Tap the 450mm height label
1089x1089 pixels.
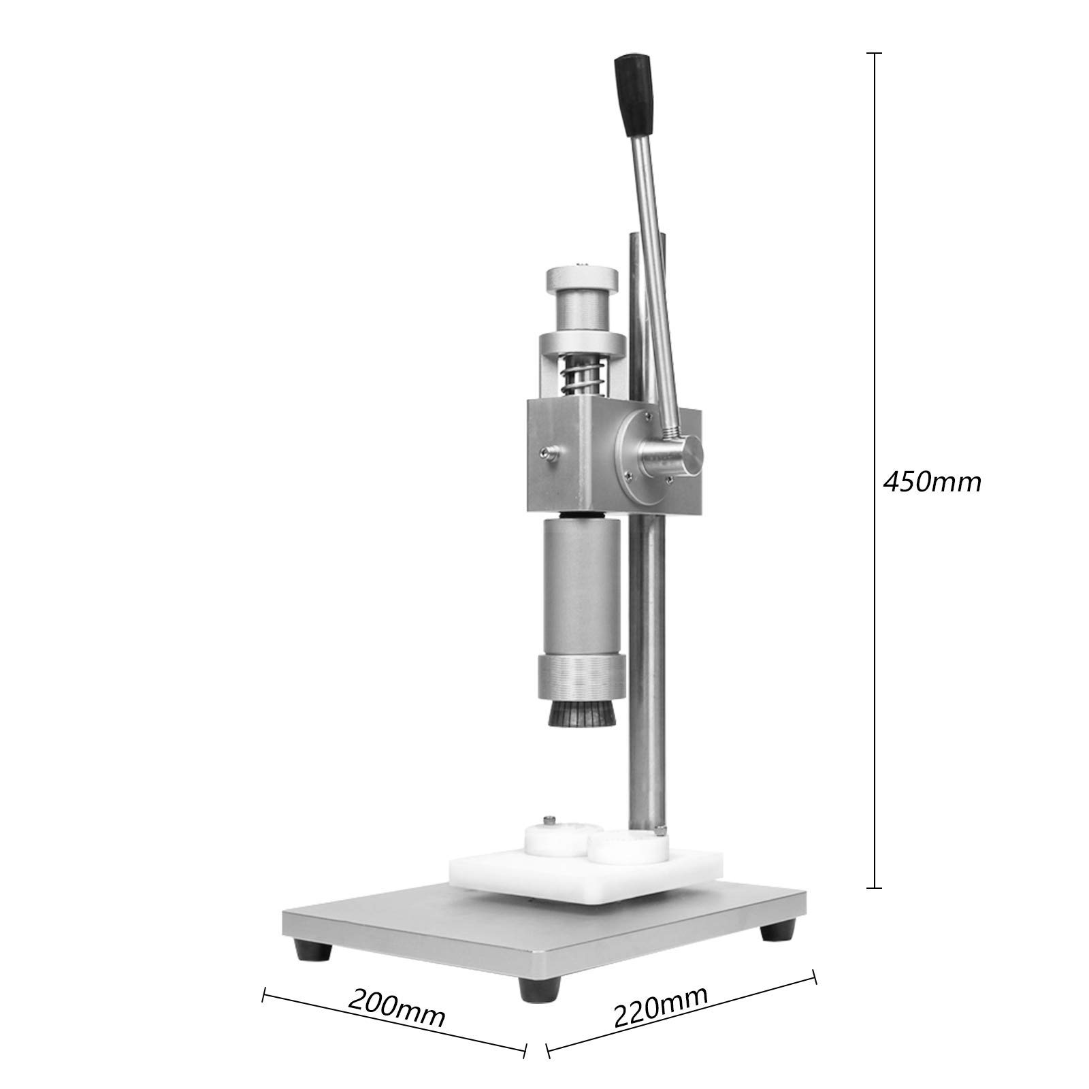point(932,482)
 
